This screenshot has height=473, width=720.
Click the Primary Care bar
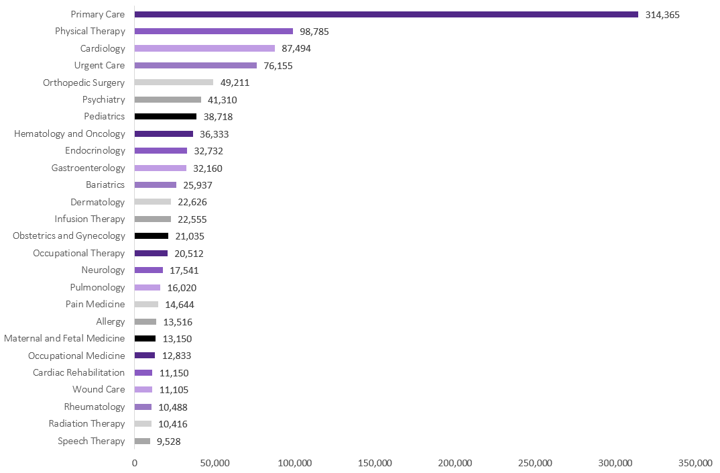386,14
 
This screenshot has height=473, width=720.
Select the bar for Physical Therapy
214,31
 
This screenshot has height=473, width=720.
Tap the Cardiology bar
204,48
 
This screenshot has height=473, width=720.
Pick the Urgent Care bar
196,65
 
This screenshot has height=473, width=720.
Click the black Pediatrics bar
166,116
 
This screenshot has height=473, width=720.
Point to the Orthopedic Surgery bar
174,83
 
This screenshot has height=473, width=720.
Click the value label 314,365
662,14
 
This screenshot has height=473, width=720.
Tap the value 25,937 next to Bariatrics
198,185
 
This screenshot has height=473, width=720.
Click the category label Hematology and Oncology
70,134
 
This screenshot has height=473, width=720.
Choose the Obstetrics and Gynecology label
69,236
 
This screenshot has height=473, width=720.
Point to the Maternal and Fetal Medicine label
64,338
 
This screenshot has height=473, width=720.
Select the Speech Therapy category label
91,441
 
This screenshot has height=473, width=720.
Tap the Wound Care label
99,389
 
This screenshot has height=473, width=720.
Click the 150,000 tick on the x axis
375,464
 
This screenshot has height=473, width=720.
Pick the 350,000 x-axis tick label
695,464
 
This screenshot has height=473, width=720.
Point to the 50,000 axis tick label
215,464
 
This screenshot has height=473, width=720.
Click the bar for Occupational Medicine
145,356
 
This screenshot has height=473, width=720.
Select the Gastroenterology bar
160,168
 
